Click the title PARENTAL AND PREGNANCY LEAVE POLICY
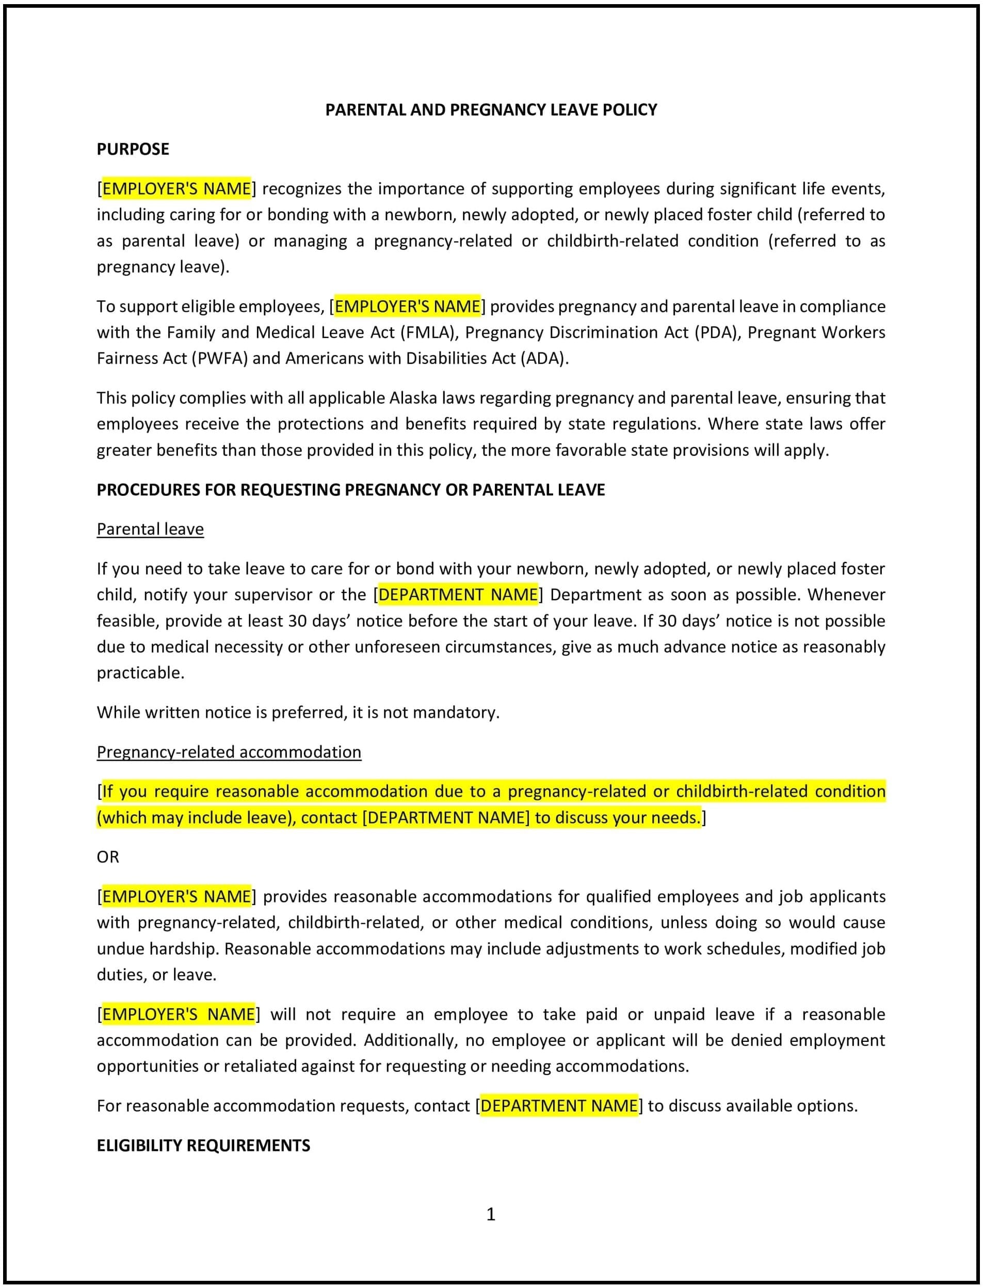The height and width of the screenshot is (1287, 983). (x=491, y=110)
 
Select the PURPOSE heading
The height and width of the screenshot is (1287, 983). (x=133, y=149)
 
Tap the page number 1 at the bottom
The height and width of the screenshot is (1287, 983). (x=491, y=1214)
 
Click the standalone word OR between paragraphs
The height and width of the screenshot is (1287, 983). (x=108, y=857)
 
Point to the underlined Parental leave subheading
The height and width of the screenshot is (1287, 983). (x=150, y=529)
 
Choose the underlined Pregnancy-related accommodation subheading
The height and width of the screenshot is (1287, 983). (x=229, y=752)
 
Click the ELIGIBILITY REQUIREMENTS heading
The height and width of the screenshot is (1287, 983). (x=203, y=1146)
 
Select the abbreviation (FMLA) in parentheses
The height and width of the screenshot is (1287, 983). (x=428, y=332)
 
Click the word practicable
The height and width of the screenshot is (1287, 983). (x=140, y=673)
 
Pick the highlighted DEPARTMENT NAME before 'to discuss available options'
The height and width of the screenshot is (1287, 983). (x=559, y=1106)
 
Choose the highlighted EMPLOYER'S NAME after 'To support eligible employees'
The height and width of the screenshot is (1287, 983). (x=407, y=307)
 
